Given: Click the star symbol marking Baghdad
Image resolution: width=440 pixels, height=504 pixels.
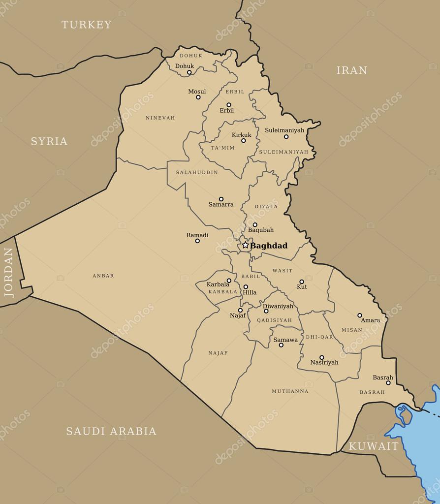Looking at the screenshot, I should [245, 245].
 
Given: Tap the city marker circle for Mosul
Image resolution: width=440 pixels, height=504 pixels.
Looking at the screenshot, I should [198, 97].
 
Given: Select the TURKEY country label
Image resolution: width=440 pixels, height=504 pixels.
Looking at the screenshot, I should [87, 25].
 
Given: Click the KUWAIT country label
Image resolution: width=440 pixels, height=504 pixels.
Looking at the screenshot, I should [373, 446].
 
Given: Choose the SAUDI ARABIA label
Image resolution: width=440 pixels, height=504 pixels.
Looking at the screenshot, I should [111, 431].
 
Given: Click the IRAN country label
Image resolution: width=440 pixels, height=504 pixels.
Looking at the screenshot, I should [351, 70].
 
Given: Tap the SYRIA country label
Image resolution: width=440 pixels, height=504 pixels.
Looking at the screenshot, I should [49, 141].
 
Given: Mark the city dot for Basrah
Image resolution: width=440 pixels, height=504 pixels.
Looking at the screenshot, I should [388, 383].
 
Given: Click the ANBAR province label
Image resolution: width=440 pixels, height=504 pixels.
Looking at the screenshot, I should [103, 276].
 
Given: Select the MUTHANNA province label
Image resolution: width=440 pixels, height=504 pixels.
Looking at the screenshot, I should [290, 391].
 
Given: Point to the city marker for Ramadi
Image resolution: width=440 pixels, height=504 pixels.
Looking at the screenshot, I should [197, 241].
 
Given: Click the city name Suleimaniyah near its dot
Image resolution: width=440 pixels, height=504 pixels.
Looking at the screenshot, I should [284, 130].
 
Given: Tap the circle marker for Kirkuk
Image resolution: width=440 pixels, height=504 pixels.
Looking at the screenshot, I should [243, 141].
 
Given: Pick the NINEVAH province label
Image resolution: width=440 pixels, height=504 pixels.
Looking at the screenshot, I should [160, 118].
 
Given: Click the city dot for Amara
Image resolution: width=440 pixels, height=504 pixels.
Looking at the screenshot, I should [360, 315].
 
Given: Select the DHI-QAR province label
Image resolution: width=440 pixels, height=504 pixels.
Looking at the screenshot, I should [319, 337].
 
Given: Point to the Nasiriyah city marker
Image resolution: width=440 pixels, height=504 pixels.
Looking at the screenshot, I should [322, 357].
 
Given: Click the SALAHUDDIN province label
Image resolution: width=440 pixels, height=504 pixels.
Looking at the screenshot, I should [197, 173].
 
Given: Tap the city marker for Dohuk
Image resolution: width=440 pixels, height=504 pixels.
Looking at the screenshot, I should [189, 72].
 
